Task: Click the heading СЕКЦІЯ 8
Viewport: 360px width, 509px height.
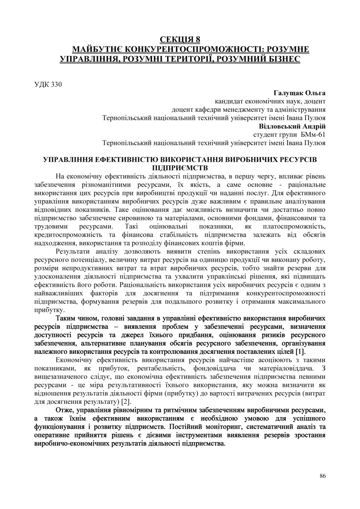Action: (x=180, y=40)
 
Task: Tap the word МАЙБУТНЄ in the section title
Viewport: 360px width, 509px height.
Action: (x=97, y=50)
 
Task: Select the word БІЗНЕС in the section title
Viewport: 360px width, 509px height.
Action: (x=281, y=60)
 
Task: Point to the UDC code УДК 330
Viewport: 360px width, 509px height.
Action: (x=48, y=85)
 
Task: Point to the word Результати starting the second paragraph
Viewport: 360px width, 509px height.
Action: (x=75, y=251)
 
